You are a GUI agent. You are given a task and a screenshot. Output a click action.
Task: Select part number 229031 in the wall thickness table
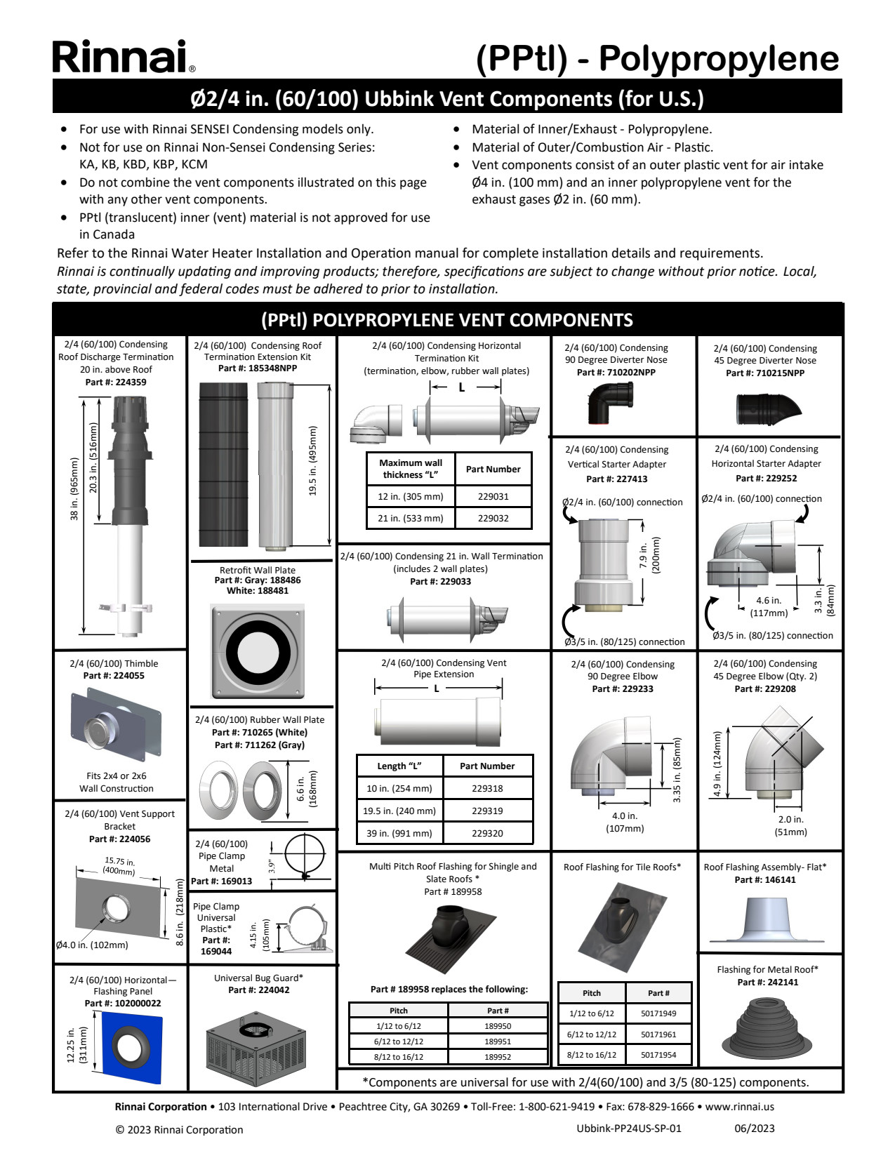(x=493, y=496)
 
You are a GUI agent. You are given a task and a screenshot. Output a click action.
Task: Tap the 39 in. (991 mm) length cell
(x=399, y=833)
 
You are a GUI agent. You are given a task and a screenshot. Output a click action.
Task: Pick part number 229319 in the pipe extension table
(x=487, y=811)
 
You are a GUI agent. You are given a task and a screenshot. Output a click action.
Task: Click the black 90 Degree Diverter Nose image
(x=609, y=404)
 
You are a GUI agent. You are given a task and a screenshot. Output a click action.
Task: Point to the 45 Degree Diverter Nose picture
(x=768, y=408)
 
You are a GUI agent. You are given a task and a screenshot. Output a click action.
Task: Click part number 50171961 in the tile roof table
(x=658, y=1034)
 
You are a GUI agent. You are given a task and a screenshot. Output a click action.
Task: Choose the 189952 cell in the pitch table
(x=498, y=1056)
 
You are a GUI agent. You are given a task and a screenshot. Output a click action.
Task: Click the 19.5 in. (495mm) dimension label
(x=313, y=461)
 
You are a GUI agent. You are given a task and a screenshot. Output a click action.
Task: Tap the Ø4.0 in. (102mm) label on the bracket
(x=93, y=945)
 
